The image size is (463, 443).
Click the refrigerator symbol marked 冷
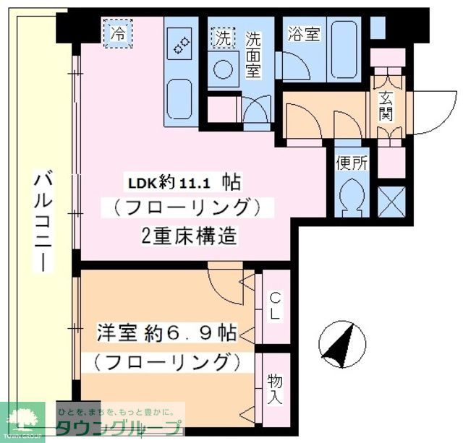(118, 33)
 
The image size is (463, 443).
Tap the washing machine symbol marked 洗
(221, 38)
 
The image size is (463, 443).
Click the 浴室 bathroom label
(304, 34)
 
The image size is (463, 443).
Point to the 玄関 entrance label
(385, 105)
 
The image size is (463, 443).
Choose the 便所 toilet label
(352, 163)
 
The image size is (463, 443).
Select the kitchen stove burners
(179, 47)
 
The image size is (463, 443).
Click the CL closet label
(275, 305)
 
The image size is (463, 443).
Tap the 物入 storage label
(275, 389)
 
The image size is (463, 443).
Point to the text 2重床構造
(184, 236)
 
